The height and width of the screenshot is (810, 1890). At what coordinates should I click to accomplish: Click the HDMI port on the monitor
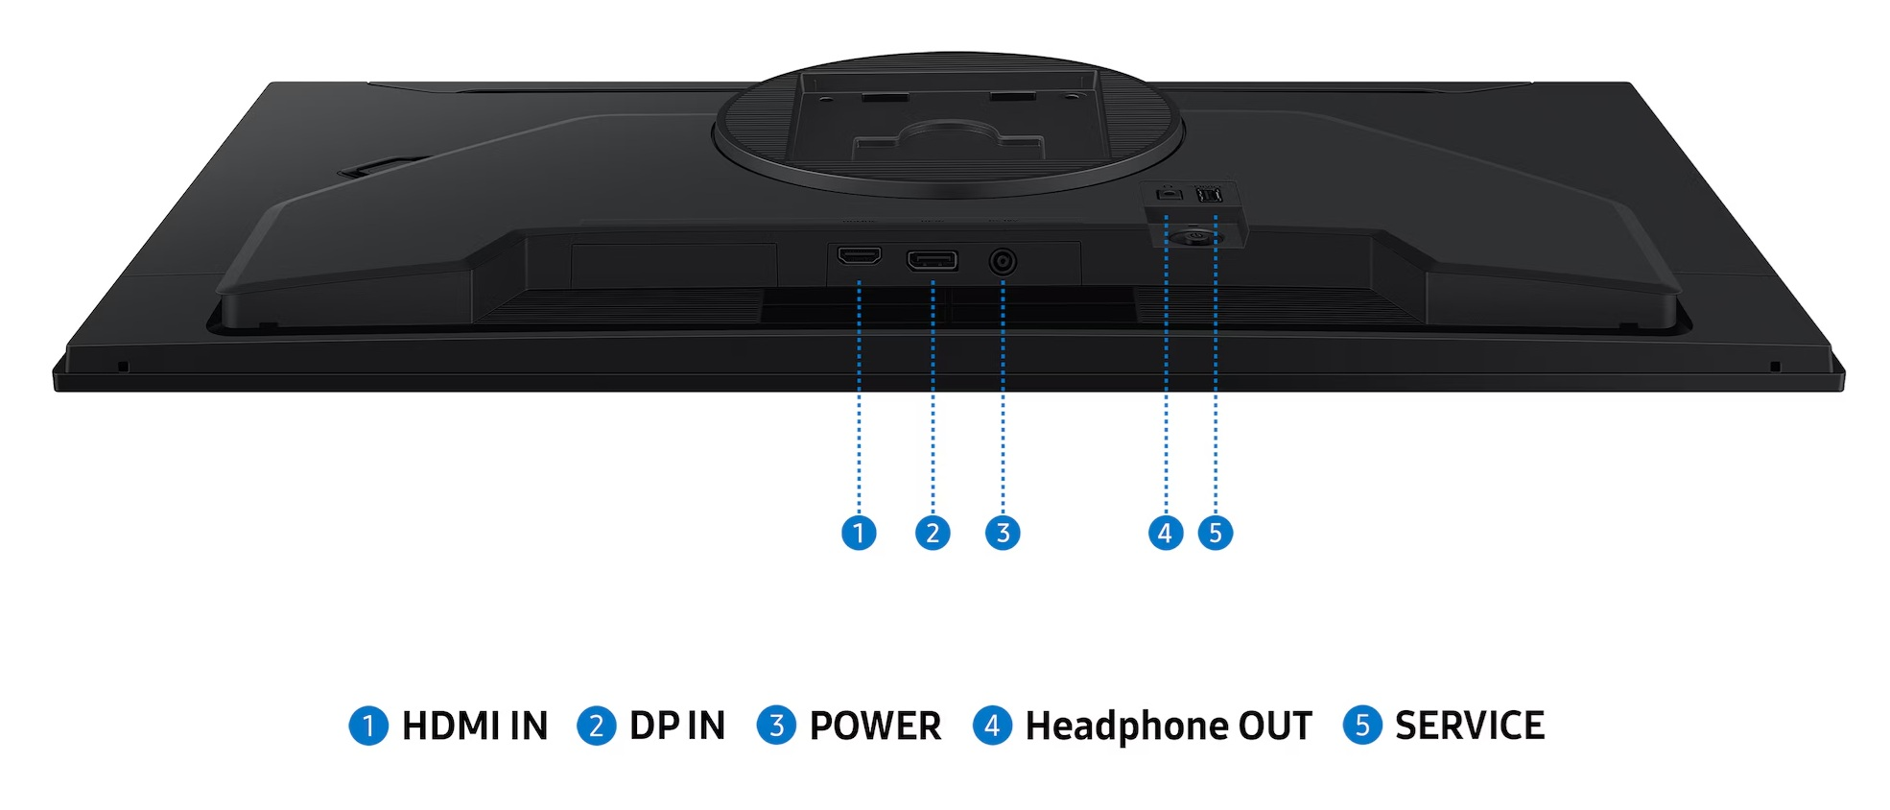coord(859,256)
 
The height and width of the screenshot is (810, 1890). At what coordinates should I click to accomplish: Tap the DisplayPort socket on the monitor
coord(932,260)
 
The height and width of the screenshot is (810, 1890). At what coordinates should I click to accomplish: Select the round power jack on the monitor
coord(1003,261)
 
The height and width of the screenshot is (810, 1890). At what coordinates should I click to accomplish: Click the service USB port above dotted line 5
coord(1210,195)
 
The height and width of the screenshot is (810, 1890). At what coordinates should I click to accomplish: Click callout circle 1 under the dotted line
coord(859,533)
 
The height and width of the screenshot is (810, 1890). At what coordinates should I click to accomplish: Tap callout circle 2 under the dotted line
coord(933,533)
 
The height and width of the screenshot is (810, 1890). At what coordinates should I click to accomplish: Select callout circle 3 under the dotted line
coord(1003,533)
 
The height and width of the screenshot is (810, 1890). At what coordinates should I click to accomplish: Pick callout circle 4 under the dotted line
coord(1166,533)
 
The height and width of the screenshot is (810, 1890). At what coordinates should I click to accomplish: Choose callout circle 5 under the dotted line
coord(1216,533)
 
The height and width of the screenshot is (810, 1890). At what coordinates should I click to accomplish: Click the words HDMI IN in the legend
coord(475,727)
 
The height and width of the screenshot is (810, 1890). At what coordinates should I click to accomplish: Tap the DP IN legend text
coord(677,727)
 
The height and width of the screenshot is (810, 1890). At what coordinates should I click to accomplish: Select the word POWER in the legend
coord(875,727)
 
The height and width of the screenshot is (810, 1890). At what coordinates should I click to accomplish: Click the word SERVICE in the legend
coord(1470,727)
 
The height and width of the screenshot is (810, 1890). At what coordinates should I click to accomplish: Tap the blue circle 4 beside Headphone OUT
coord(993,726)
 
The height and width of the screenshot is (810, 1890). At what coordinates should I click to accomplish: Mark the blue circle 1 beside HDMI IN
coord(368,726)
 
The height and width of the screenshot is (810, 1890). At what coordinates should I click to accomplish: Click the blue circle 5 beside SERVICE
coord(1362,726)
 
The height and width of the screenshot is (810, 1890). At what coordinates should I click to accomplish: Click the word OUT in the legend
coord(1275,727)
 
